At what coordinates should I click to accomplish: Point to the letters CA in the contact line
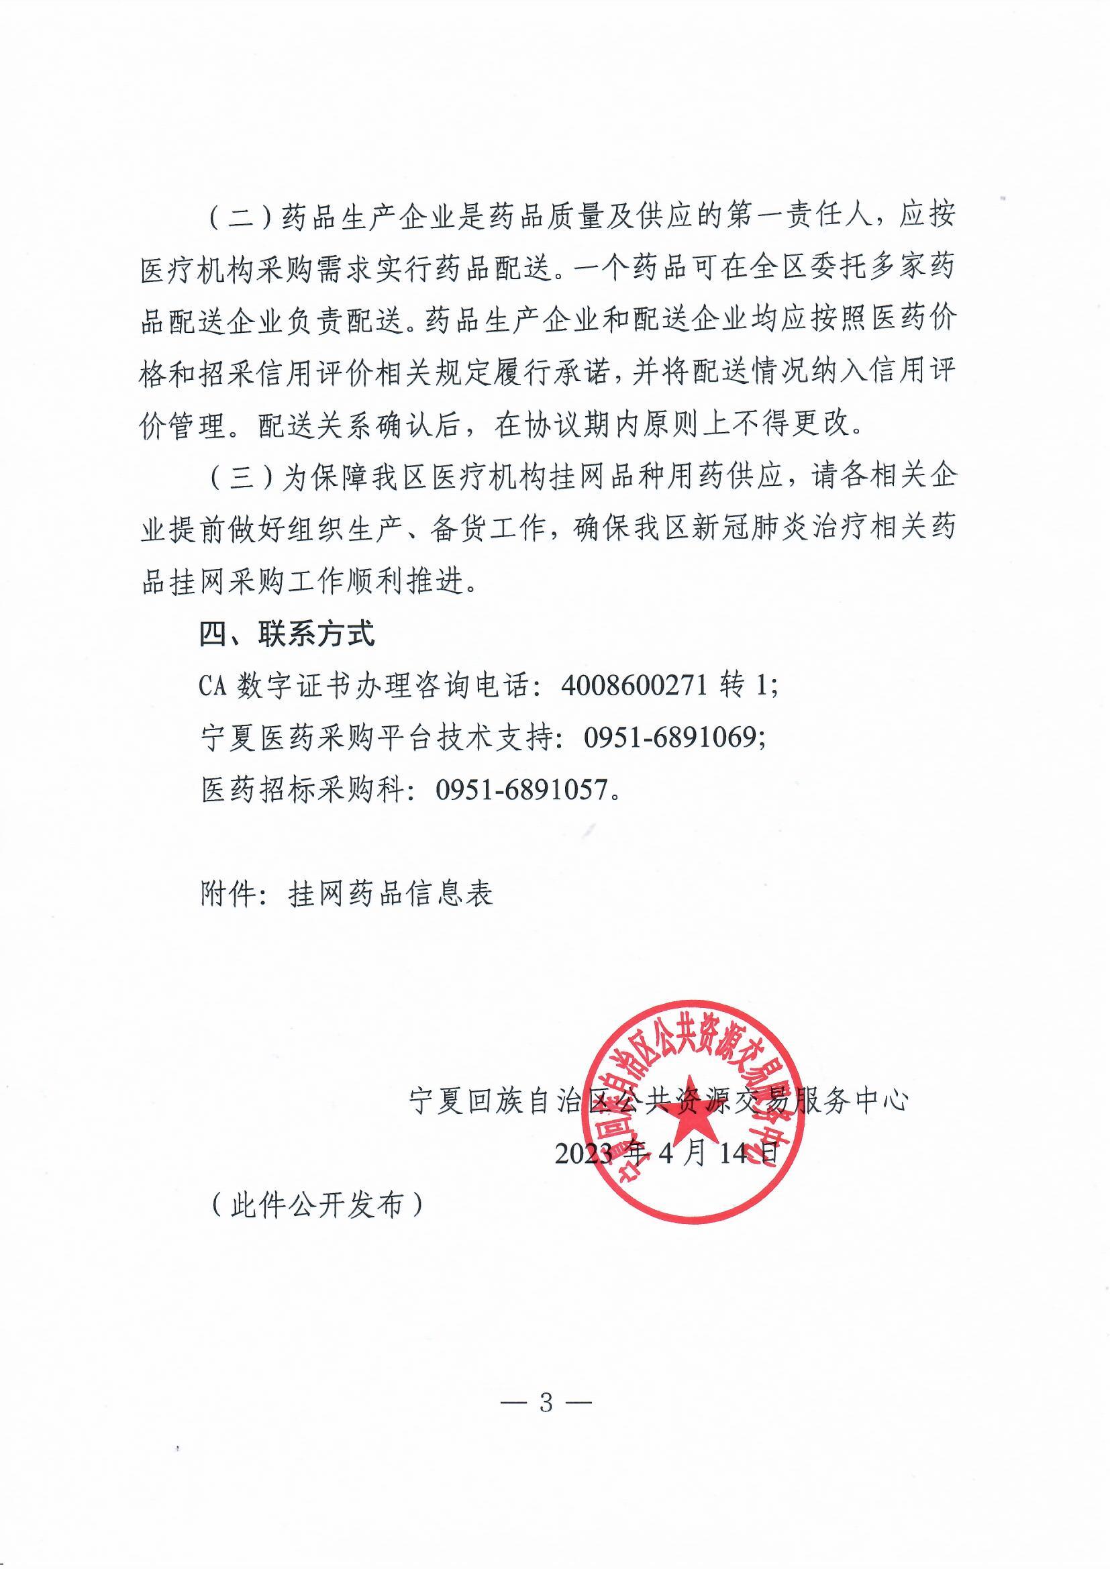click(x=213, y=685)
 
